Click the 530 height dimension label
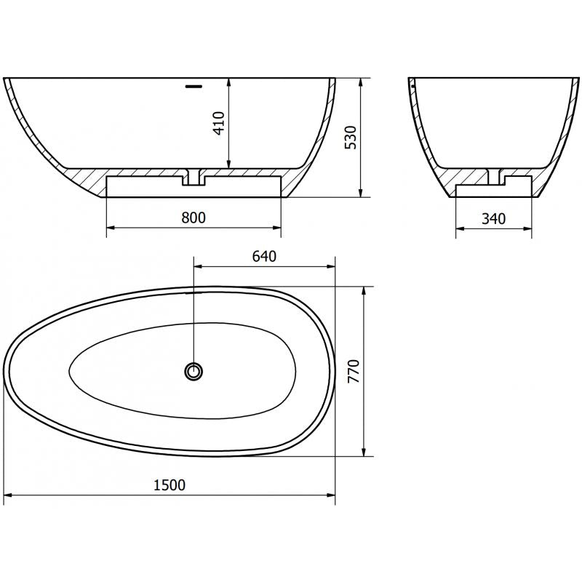pyautogui.click(x=351, y=137)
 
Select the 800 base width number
pyautogui.click(x=194, y=218)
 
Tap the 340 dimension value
pyautogui.click(x=493, y=218)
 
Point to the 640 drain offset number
pyautogui.click(x=263, y=256)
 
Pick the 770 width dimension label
pyautogui.click(x=354, y=371)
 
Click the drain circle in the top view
pyautogui.click(x=194, y=372)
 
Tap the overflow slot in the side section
pyautogui.click(x=193, y=85)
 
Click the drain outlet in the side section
pyautogui.click(x=194, y=178)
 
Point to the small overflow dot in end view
pyautogui.click(x=412, y=86)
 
